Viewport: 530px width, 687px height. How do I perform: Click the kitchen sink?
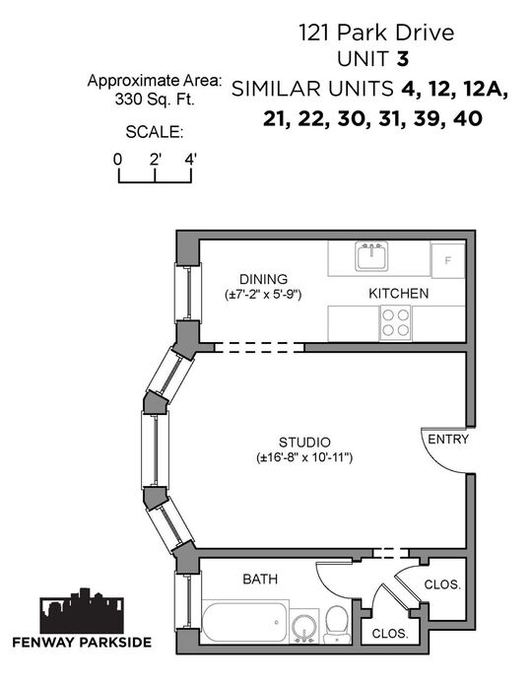pyautogui.click(x=371, y=256)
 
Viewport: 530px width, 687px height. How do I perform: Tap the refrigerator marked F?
pyautogui.click(x=447, y=260)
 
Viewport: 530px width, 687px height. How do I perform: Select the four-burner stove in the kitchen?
pyautogui.click(x=395, y=323)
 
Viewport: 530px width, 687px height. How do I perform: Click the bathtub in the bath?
pyautogui.click(x=244, y=622)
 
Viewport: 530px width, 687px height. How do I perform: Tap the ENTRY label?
pyautogui.click(x=448, y=439)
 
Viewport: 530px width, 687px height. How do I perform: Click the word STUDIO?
pyautogui.click(x=304, y=443)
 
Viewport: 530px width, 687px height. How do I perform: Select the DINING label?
pyautogui.click(x=263, y=279)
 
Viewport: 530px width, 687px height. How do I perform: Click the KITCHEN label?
pyautogui.click(x=399, y=293)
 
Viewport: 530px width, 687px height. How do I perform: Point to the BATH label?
pyautogui.click(x=260, y=580)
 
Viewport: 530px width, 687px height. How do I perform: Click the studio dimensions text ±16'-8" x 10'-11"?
pyautogui.click(x=304, y=458)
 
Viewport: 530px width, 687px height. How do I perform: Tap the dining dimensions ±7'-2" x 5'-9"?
pyautogui.click(x=263, y=295)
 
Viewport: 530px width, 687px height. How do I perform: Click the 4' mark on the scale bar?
pyautogui.click(x=190, y=160)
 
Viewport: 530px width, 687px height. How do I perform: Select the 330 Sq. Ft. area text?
pyautogui.click(x=155, y=100)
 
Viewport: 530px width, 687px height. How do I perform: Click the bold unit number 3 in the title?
pyautogui.click(x=403, y=59)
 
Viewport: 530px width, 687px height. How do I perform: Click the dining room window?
pyautogui.click(x=188, y=293)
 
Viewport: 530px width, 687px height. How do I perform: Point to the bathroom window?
pyautogui.click(x=188, y=601)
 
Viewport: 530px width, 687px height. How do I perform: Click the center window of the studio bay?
pyautogui.click(x=155, y=450)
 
